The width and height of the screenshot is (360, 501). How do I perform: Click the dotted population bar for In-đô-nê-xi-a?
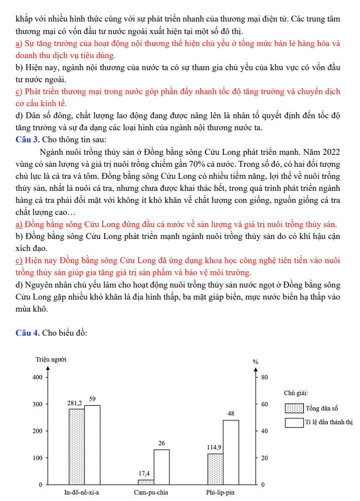coord(77,446)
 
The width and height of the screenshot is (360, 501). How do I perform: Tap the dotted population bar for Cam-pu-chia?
coord(146,482)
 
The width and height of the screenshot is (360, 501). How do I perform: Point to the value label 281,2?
coord(75,403)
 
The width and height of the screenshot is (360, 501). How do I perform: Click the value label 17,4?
coord(144,473)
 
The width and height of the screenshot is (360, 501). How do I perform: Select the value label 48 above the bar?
coord(231,414)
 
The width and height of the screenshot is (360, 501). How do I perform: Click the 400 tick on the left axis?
coord(37,377)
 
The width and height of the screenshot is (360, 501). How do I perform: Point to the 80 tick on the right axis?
coord(265,377)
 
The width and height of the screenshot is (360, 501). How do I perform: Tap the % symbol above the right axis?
coord(255,361)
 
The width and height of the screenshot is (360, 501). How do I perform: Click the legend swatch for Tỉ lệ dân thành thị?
coord(294,423)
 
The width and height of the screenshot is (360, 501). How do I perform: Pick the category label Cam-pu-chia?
coord(151,492)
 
